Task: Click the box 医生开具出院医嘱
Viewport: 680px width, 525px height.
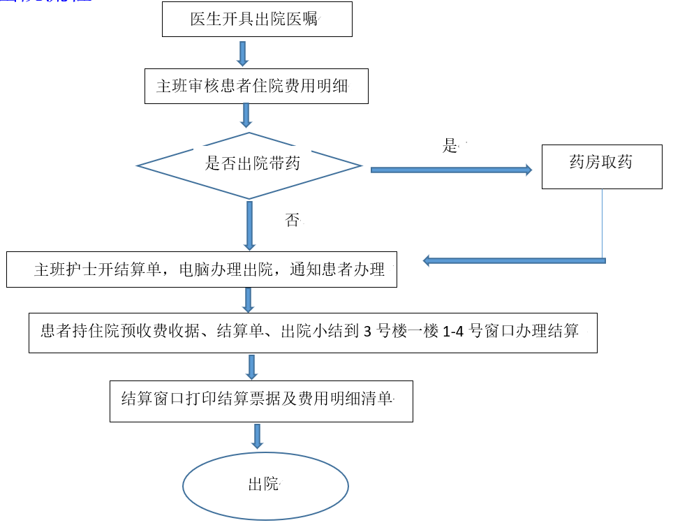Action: pos(257,20)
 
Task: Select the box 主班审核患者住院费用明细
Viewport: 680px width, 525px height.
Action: pos(256,86)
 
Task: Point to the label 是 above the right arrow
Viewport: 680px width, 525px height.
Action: pos(450,146)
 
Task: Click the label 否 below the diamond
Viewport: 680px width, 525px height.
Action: pos(293,221)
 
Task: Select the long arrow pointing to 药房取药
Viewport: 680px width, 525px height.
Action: pos(450,170)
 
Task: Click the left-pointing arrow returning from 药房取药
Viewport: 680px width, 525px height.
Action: pos(514,260)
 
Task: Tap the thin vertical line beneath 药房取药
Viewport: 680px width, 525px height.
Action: pos(603,223)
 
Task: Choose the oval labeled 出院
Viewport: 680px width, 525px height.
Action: pos(265,485)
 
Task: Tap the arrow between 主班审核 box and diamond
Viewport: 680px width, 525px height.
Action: pos(246,115)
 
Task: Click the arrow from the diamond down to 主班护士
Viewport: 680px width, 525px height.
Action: pos(249,225)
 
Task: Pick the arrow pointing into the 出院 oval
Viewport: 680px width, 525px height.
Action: pos(257,436)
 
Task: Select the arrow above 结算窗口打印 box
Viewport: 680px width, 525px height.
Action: pos(251,367)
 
